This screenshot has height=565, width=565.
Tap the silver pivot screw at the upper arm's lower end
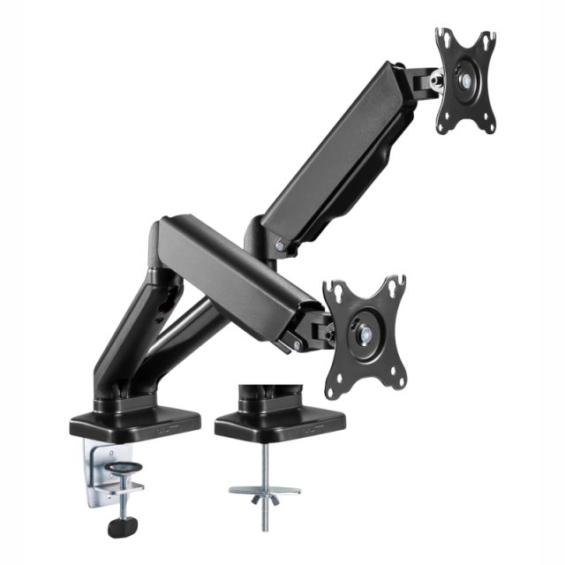click(x=280, y=246)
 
